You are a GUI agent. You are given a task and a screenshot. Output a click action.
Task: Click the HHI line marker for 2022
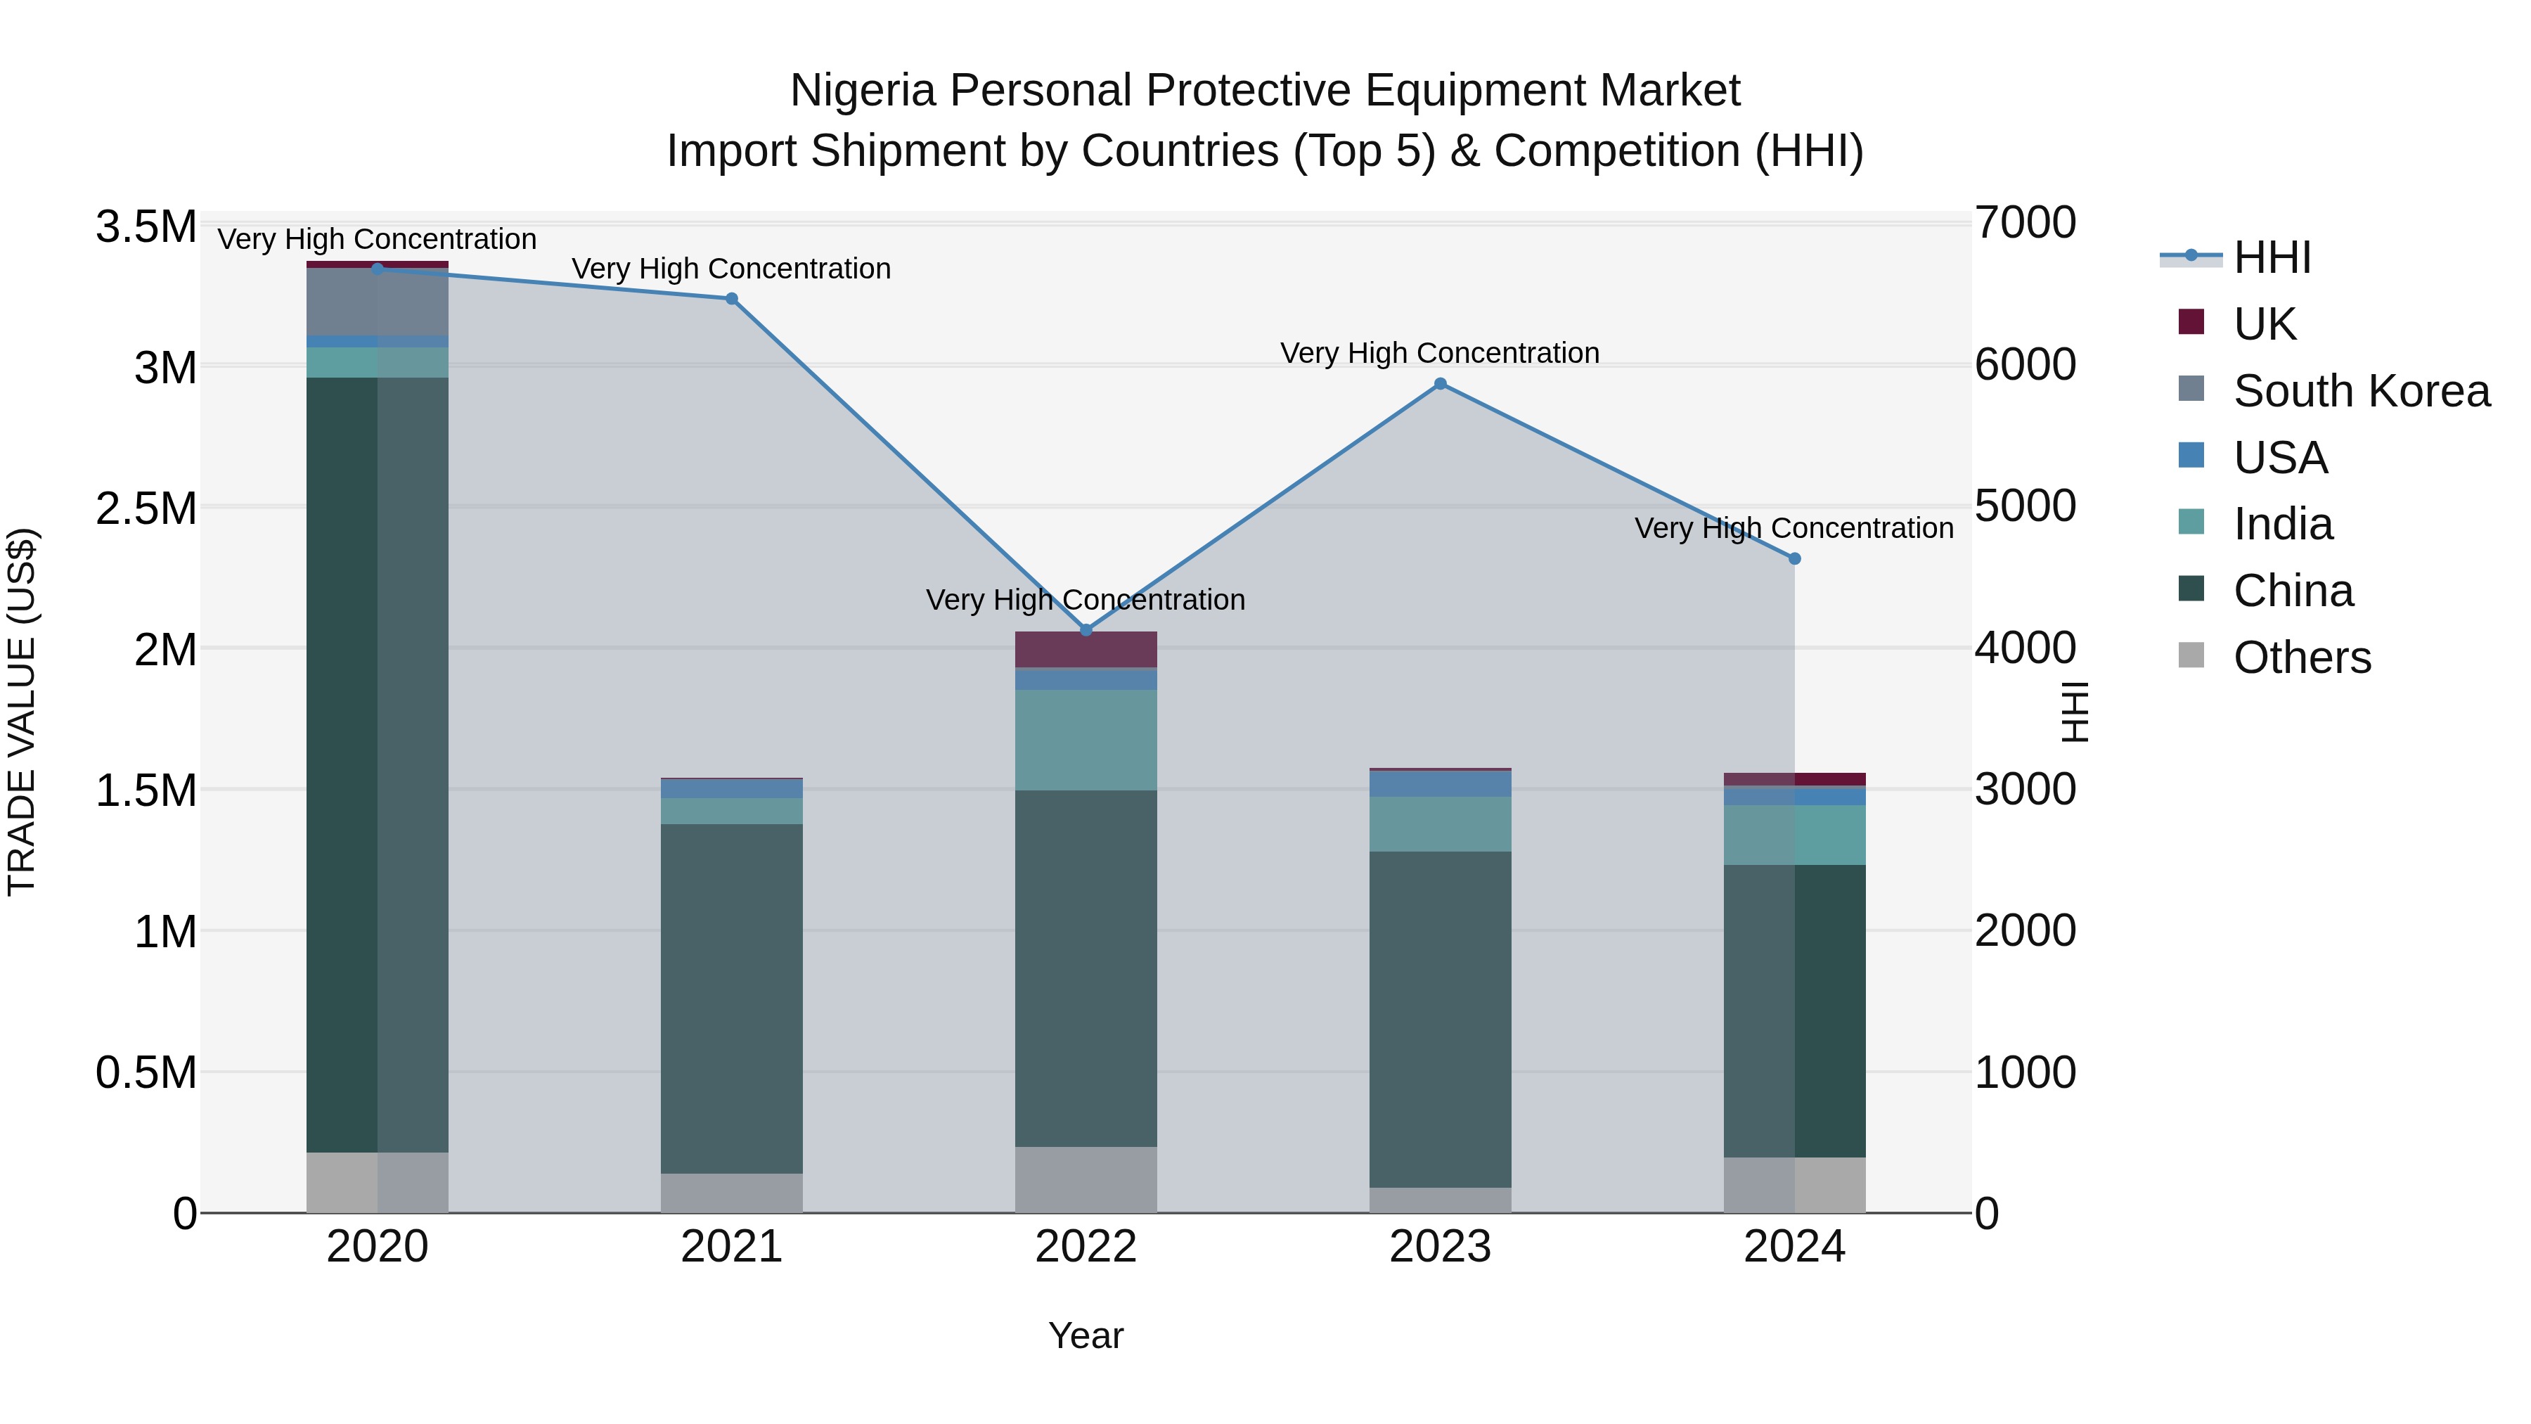pyautogui.click(x=1086, y=630)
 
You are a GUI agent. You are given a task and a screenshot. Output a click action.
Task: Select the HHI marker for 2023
pyautogui.click(x=1441, y=384)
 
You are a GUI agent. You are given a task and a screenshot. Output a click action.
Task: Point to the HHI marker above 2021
pyautogui.click(x=731, y=299)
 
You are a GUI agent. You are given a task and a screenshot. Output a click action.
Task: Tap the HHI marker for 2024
pyautogui.click(x=1794, y=558)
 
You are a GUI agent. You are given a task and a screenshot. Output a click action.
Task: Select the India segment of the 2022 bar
pyautogui.click(x=1086, y=739)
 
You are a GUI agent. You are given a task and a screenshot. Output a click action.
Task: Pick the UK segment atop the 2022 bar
pyautogui.click(x=1086, y=650)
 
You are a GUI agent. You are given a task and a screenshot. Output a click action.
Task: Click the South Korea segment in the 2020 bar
pyautogui.click(x=378, y=302)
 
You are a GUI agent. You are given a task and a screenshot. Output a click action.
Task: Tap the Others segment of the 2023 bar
pyautogui.click(x=1441, y=1200)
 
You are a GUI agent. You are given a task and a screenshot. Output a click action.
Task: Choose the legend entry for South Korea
pyautogui.click(x=2361, y=391)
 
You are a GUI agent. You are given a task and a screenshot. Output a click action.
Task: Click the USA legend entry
pyautogui.click(x=2279, y=458)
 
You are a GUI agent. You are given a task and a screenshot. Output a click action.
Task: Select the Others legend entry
pyautogui.click(x=2301, y=658)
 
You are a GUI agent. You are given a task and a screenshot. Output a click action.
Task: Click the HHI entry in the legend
pyautogui.click(x=2272, y=257)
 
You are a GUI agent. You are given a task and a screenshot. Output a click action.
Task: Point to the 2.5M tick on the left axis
pyautogui.click(x=146, y=509)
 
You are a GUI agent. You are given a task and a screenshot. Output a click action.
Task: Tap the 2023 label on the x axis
pyautogui.click(x=1441, y=1247)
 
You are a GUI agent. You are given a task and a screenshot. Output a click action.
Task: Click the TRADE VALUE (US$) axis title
pyautogui.click(x=22, y=712)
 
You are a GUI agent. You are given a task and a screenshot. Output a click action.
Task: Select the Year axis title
pyautogui.click(x=1086, y=1335)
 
